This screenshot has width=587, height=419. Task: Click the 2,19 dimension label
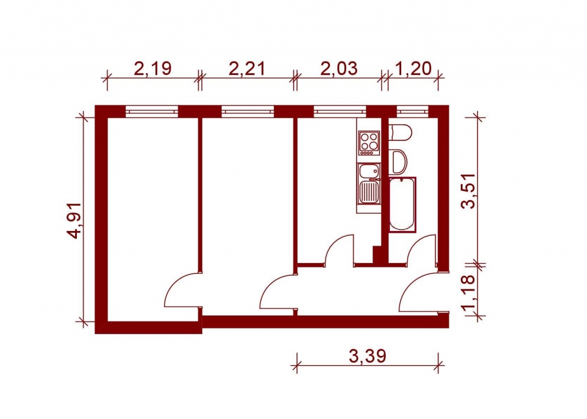152,69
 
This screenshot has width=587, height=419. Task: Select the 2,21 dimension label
246,69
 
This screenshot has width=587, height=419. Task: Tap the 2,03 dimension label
339,69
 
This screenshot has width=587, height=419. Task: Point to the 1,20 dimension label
413,69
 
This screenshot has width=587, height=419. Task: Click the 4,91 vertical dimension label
73,221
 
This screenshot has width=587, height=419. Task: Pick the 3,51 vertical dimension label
468,191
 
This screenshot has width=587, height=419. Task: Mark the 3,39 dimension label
367,356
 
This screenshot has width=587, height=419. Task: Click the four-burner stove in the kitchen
369,143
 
